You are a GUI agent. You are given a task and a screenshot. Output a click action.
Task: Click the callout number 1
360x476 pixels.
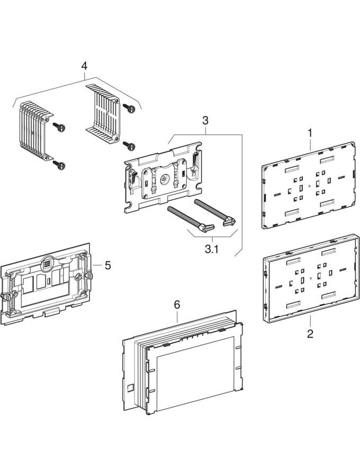pos(310,132)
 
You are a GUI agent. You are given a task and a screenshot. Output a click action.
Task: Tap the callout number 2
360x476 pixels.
pos(310,334)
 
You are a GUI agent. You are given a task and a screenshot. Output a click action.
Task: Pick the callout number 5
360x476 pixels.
pos(108,265)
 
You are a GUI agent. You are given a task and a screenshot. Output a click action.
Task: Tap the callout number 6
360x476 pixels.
pos(177,304)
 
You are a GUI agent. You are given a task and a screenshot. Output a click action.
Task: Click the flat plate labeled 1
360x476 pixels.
pos(309,185)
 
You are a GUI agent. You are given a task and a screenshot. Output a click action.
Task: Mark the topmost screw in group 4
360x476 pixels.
pos(129,108)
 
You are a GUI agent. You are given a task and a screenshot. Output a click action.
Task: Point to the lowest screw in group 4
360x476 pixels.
pos(61,166)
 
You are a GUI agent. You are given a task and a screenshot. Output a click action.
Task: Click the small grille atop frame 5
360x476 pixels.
pos(48,262)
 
